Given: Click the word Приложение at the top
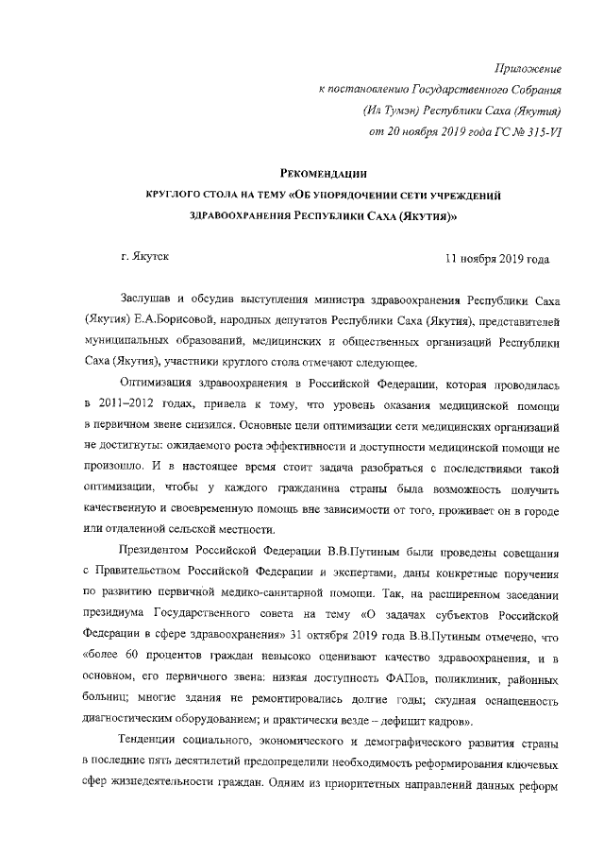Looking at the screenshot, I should coord(528,68).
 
